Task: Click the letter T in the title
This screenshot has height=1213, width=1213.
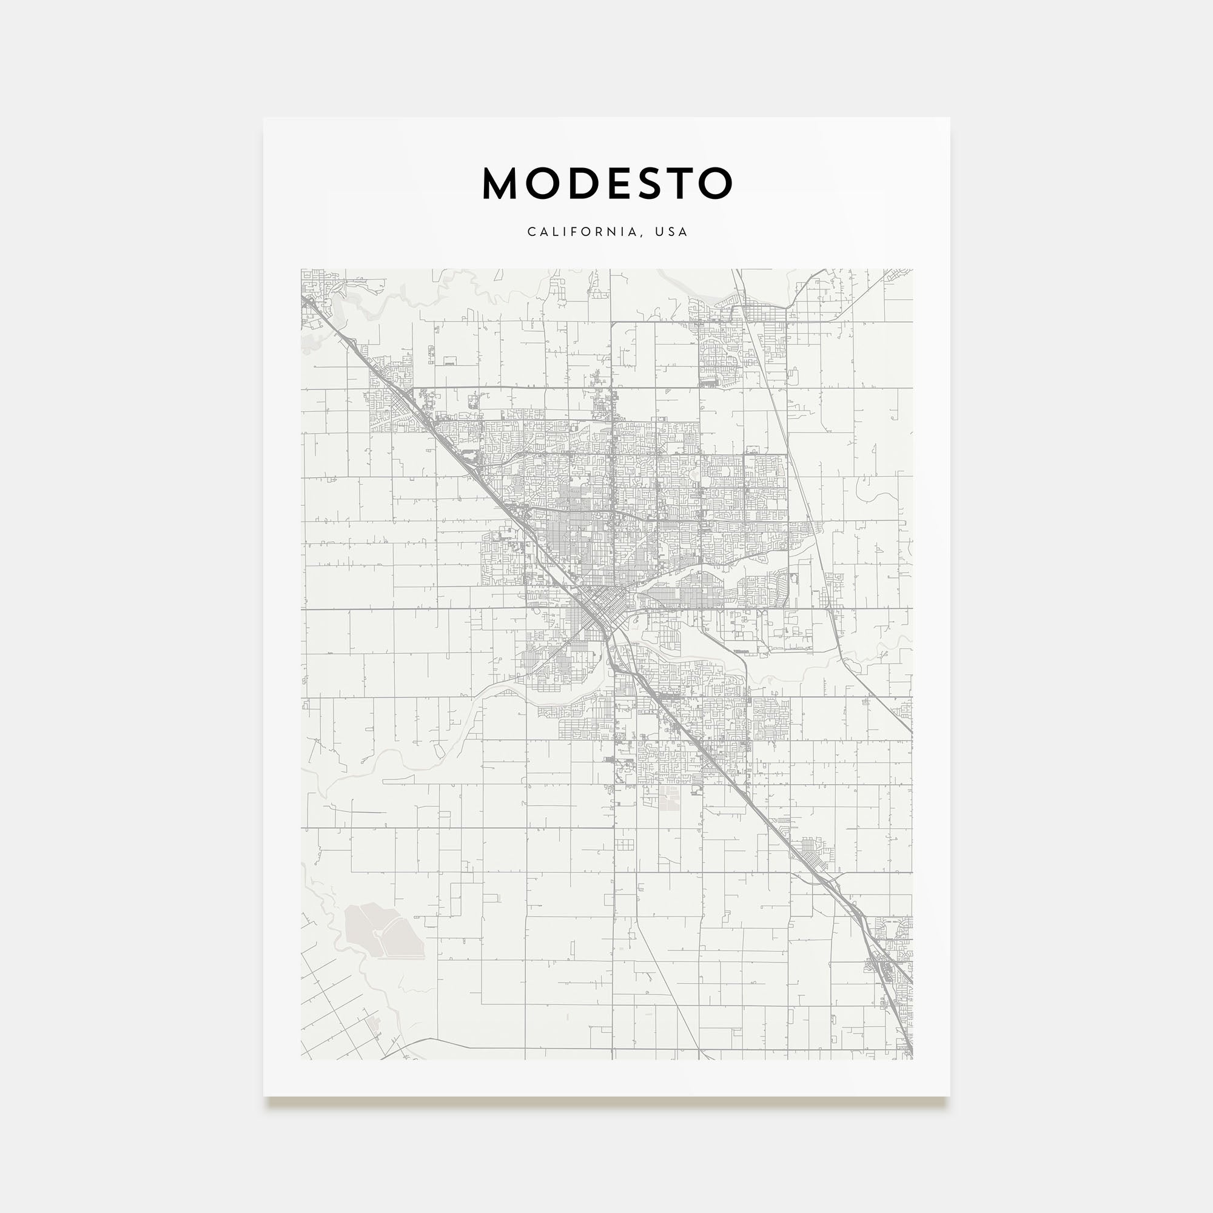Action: pos(680,184)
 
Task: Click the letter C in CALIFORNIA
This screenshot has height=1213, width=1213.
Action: pos(531,232)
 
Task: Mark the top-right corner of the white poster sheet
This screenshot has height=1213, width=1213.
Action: pos(949,118)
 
